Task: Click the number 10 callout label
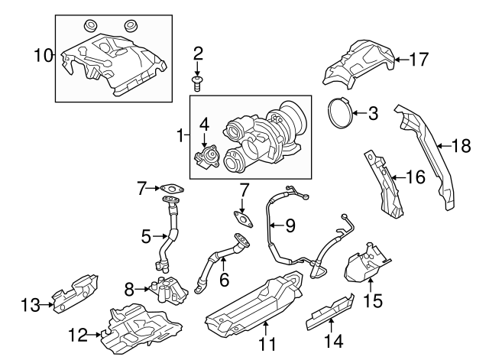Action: (x=44, y=55)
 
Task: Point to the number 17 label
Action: (x=419, y=58)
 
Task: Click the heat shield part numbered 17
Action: (x=359, y=61)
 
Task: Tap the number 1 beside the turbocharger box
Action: (x=180, y=137)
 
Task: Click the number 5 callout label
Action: (x=145, y=237)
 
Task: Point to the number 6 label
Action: (x=224, y=281)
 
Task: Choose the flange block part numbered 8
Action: (x=170, y=290)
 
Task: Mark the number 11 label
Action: (x=266, y=344)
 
